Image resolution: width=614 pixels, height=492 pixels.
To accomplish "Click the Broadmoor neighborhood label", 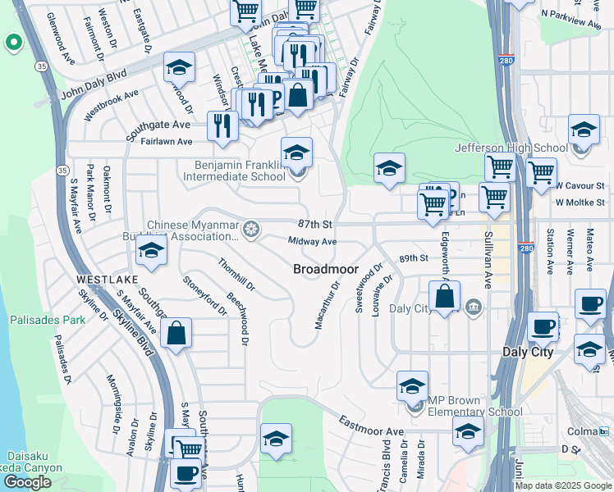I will coord(326,269).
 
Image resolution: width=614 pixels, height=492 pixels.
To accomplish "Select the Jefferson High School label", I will coord(511,148).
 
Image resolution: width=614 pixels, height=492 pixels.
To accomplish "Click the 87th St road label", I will coord(314,224).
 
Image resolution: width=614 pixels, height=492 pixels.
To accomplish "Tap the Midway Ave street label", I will coord(312,242).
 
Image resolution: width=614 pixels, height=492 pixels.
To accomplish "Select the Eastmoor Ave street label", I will coord(372,426).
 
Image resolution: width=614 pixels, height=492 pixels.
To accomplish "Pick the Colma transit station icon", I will coord(605,431).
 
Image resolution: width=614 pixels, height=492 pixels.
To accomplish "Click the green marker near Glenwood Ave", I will coord(13,42).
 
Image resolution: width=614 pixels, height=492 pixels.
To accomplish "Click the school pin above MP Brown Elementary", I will coord(412,386).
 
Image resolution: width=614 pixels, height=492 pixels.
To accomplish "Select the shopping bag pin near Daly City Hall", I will coord(444,298).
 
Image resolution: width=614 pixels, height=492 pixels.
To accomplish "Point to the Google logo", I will coord(27,482).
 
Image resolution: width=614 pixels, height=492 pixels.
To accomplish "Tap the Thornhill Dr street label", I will coord(236,276).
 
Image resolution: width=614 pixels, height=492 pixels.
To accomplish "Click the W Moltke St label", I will coord(580,202).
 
